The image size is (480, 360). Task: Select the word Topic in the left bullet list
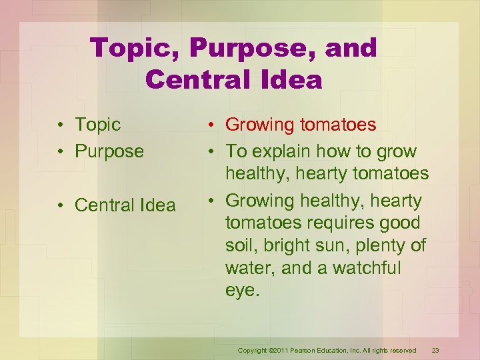pyautogui.click(x=97, y=125)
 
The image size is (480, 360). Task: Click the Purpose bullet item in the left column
pyautogui.click(x=109, y=151)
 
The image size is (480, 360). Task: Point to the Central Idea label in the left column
pyautogui.click(x=125, y=205)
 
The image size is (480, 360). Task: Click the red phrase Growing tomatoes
pyautogui.click(x=301, y=125)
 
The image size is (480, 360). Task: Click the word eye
pyautogui.click(x=241, y=291)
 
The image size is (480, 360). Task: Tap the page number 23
pyautogui.click(x=436, y=351)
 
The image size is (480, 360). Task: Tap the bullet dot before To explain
pyautogui.click(x=210, y=151)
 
